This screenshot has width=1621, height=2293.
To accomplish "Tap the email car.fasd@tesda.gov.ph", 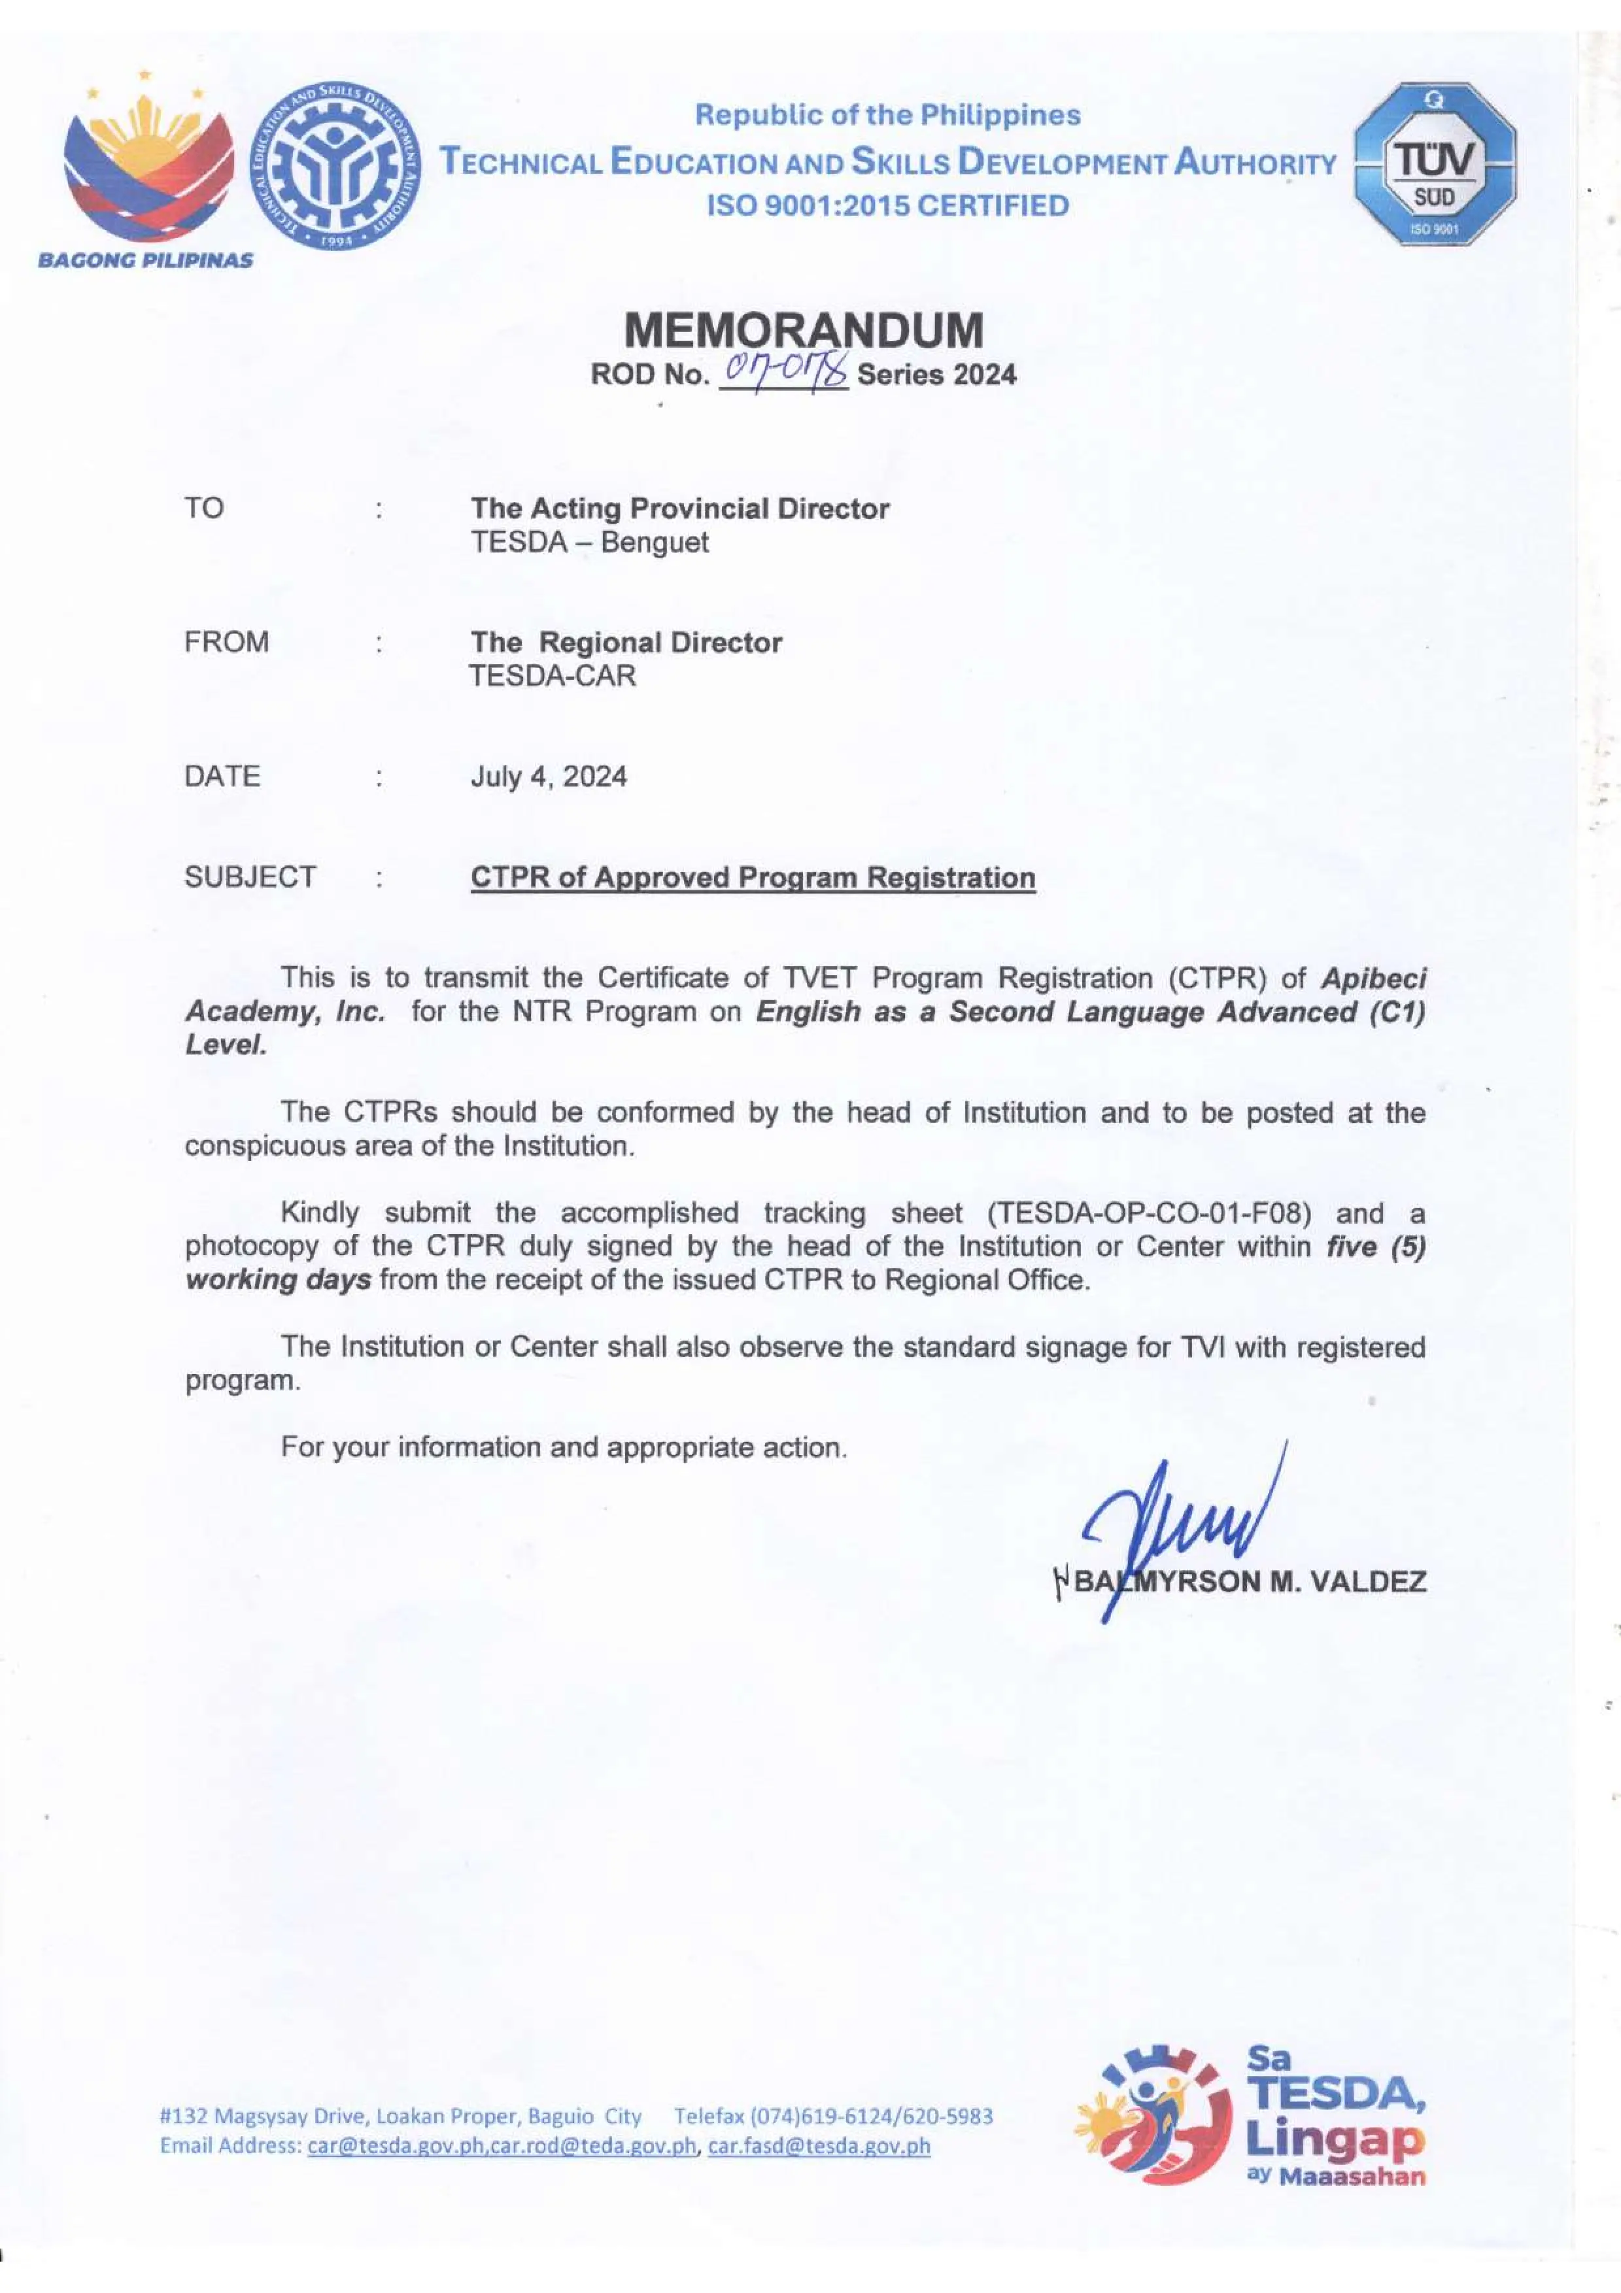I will click(x=818, y=2145).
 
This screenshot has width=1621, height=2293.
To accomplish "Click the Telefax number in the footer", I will click(x=833, y=2117).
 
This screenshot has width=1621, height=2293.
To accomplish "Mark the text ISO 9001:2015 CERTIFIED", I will click(x=887, y=206).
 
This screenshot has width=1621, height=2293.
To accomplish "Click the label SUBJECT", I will click(x=250, y=877).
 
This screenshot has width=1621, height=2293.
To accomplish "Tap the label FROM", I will click(x=227, y=641).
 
